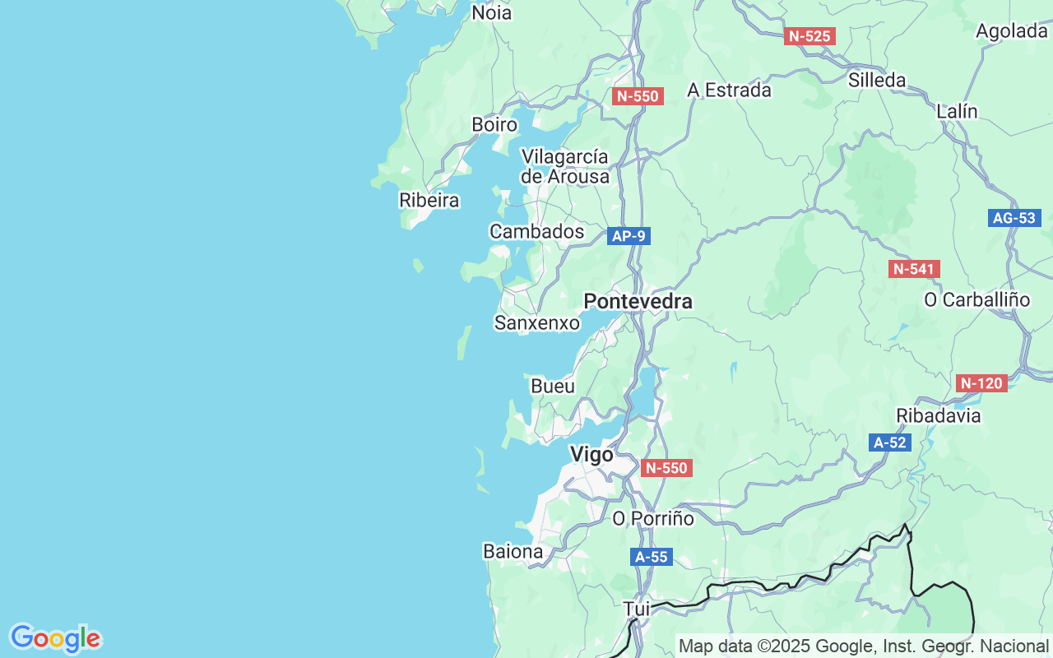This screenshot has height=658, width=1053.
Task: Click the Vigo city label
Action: click(591, 455)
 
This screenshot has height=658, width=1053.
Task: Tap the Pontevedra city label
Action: click(638, 302)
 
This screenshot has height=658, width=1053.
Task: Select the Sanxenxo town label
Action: click(536, 323)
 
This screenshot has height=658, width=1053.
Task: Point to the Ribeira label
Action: click(429, 200)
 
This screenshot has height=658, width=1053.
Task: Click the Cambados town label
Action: click(536, 232)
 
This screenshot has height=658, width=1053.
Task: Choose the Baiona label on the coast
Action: click(513, 551)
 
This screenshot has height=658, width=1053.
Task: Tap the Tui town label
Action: click(637, 609)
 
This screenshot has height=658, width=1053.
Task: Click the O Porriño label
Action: click(653, 519)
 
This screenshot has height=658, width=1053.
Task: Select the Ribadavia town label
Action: click(939, 415)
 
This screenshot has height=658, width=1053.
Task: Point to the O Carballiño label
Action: click(976, 299)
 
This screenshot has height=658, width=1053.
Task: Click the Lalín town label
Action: click(957, 111)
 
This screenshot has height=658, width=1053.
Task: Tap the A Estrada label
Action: click(729, 90)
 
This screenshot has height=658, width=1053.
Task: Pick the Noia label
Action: click(491, 12)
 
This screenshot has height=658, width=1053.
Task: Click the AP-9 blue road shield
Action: click(629, 236)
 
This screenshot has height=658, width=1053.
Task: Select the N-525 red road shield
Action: click(809, 36)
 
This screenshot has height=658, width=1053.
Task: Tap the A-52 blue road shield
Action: click(889, 443)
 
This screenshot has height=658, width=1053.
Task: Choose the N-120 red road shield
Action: click(982, 382)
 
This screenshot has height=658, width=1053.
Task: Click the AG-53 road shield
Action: click(1014, 218)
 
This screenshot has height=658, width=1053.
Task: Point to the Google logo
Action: click(55, 638)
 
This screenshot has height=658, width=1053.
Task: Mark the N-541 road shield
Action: click(914, 269)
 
